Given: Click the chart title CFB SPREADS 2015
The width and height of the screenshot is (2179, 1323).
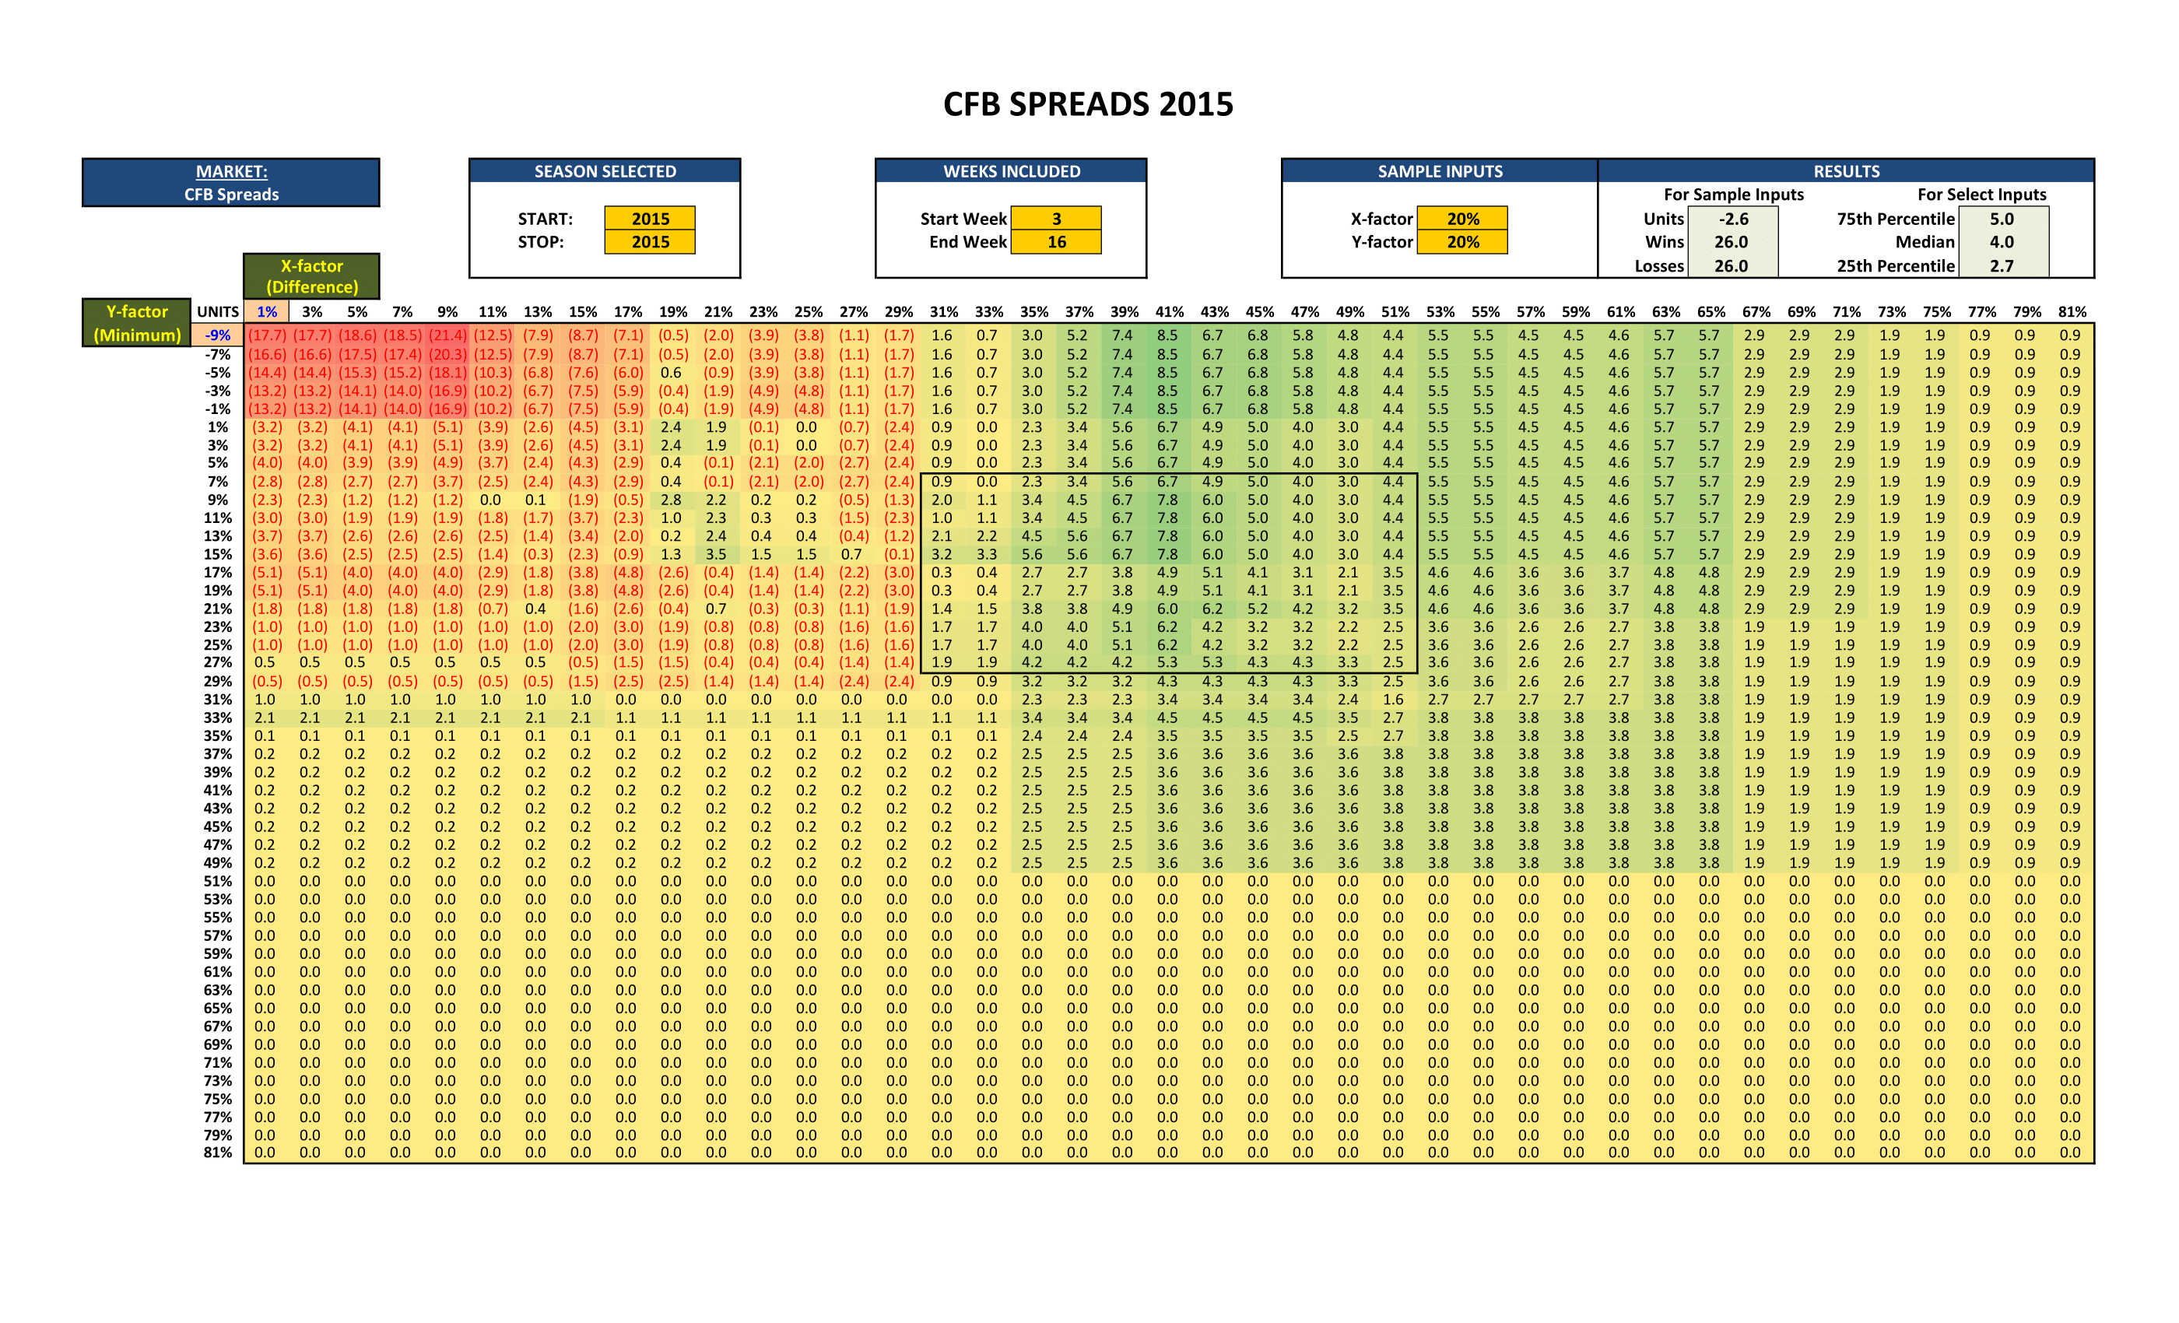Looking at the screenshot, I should [1088, 104].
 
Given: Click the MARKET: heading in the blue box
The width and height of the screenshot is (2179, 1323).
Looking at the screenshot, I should [231, 171].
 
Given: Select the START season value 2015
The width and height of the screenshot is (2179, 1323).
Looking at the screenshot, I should [650, 219].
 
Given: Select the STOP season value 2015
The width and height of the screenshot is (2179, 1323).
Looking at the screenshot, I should [650, 241].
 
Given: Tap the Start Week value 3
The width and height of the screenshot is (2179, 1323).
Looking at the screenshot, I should [1056, 219].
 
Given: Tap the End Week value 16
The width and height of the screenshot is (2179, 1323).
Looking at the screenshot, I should [1056, 241].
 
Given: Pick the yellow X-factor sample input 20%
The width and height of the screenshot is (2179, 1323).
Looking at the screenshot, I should [1463, 219].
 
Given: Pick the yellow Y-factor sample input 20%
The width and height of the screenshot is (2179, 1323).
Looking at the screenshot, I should [1463, 241].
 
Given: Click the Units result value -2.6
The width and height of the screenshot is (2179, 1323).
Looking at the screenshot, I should [1732, 219].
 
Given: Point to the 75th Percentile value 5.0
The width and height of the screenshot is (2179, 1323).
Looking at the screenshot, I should [2002, 219].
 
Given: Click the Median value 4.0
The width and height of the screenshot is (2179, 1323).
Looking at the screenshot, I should [2002, 241].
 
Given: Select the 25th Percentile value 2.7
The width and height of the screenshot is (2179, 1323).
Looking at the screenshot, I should [2002, 265].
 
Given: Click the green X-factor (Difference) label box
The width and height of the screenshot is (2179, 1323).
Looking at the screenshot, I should [311, 276].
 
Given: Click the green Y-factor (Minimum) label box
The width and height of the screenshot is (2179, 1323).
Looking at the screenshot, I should [137, 323].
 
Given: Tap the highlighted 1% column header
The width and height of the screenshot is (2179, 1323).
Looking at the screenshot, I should [266, 311].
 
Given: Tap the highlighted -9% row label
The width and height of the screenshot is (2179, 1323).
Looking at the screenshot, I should [218, 335].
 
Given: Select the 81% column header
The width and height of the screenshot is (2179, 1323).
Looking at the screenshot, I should [2072, 311].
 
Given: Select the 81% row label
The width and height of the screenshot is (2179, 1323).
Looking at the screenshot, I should [218, 1153].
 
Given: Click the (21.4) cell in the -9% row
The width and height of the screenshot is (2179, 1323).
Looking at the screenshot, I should [447, 335].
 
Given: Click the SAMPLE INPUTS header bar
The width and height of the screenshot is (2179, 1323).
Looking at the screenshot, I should [1440, 171].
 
